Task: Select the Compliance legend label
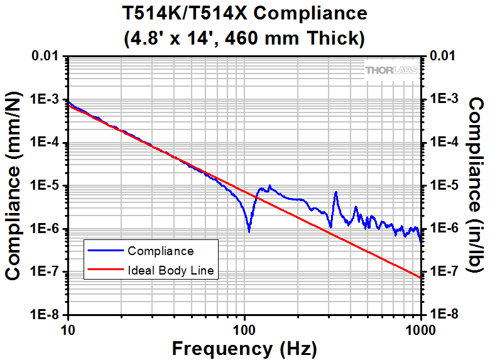[160, 251]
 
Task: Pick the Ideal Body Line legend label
[171, 271]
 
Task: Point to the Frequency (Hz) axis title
[244, 347]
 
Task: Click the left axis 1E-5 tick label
[45, 186]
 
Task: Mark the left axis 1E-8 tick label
[45, 315]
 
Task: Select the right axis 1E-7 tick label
[443, 272]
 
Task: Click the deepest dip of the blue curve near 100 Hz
[249, 231]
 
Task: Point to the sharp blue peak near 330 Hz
[336, 193]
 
